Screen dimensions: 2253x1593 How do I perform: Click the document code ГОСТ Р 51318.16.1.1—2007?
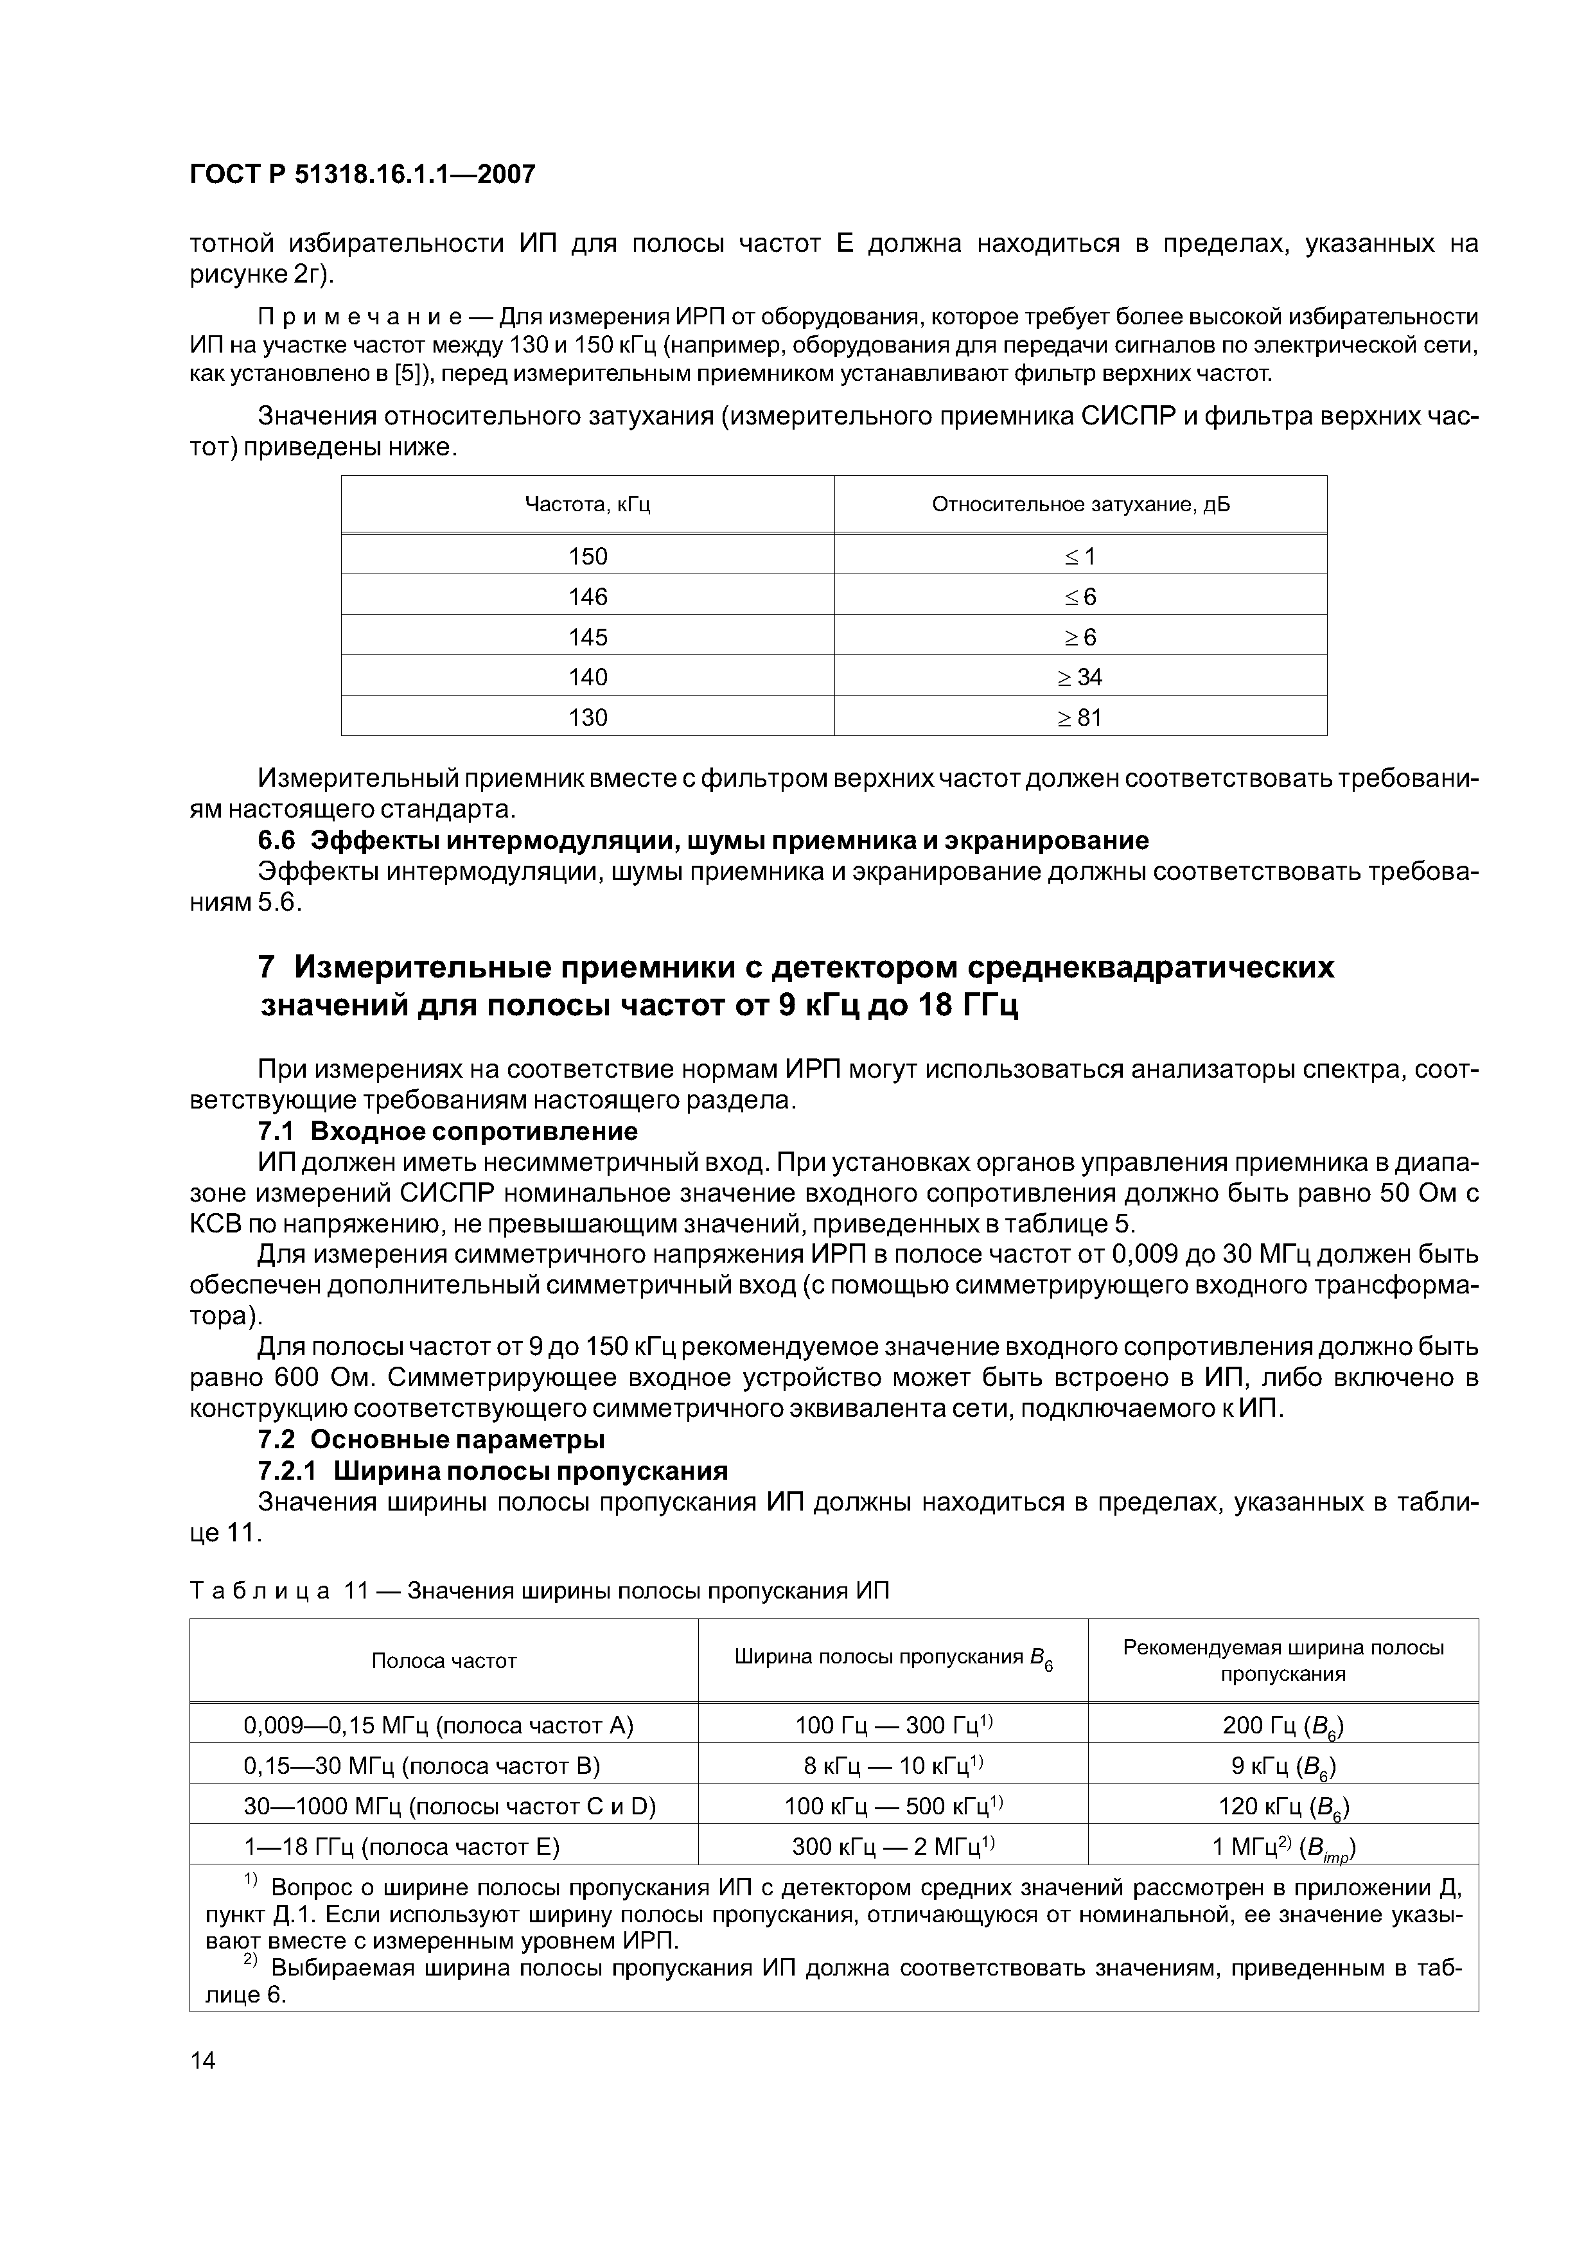click(362, 175)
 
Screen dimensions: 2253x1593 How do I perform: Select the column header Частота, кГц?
click(587, 504)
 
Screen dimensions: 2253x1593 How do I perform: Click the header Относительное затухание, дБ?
click(1080, 504)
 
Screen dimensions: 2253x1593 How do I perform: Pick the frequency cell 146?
click(587, 597)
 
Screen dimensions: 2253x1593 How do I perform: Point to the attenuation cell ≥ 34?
click(1080, 677)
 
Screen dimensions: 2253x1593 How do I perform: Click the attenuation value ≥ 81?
click(1080, 717)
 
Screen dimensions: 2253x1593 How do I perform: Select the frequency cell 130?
click(587, 717)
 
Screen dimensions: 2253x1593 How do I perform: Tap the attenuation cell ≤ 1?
click(1080, 556)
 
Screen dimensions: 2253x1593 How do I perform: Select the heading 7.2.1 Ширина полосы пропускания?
click(492, 1471)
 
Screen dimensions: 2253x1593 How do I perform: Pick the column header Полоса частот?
click(444, 1661)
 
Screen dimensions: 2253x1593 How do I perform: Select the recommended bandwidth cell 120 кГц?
click(1283, 1807)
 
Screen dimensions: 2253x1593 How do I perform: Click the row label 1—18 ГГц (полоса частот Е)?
click(401, 1846)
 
